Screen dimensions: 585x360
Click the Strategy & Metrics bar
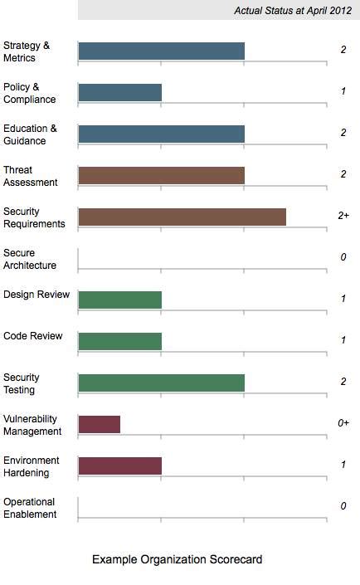tap(161, 51)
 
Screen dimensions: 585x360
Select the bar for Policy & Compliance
tap(119, 92)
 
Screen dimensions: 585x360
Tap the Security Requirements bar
tap(182, 217)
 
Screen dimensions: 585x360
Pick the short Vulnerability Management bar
tap(99, 424)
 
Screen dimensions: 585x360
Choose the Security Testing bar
tap(161, 383)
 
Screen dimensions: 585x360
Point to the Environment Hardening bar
tap(119, 466)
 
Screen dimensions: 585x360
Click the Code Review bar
tap(119, 341)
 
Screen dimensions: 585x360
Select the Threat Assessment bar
tap(161, 175)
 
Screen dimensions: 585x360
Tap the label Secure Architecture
tap(30, 259)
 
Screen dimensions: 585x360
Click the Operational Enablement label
tap(30, 508)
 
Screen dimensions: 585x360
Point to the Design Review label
tap(36, 295)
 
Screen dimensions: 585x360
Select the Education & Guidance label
tap(30, 134)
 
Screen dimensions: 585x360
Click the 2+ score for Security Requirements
tap(343, 216)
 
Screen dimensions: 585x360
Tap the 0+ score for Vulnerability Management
tap(343, 423)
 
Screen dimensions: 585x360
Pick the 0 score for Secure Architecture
tap(343, 257)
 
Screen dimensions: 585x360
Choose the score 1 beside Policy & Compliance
tap(343, 91)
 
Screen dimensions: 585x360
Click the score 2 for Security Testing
tap(343, 382)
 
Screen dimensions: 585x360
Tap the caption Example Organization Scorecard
tap(177, 560)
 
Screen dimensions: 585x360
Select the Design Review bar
tap(119, 300)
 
